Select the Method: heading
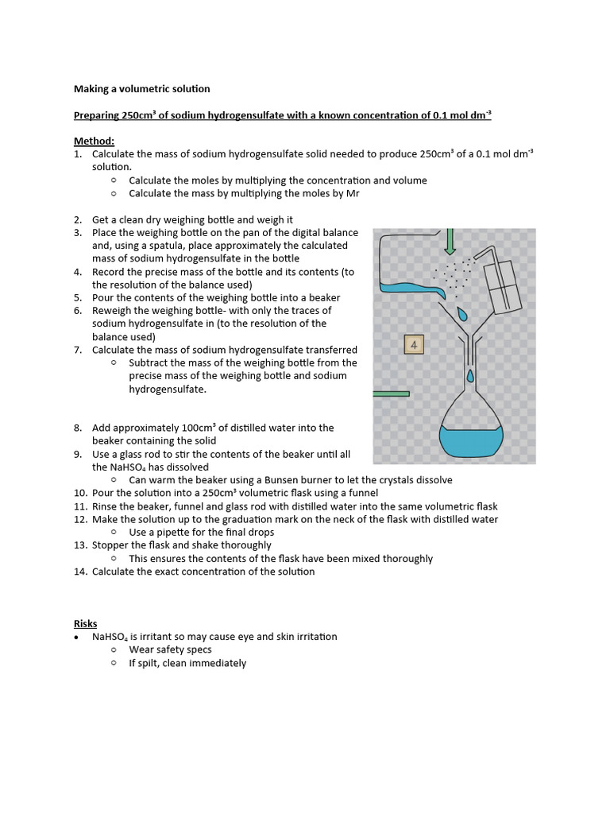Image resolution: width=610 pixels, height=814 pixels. pyautogui.click(x=95, y=141)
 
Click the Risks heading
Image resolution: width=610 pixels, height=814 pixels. pyautogui.click(x=85, y=623)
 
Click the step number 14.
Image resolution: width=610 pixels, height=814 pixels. pyautogui.click(x=79, y=572)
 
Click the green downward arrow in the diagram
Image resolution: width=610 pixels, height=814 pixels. pyautogui.click(x=450, y=240)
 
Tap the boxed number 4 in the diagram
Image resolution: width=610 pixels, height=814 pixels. pyautogui.click(x=414, y=345)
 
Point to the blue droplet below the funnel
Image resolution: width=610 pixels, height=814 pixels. pyautogui.click(x=470, y=375)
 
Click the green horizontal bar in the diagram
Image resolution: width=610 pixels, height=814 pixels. pyautogui.click(x=391, y=393)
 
